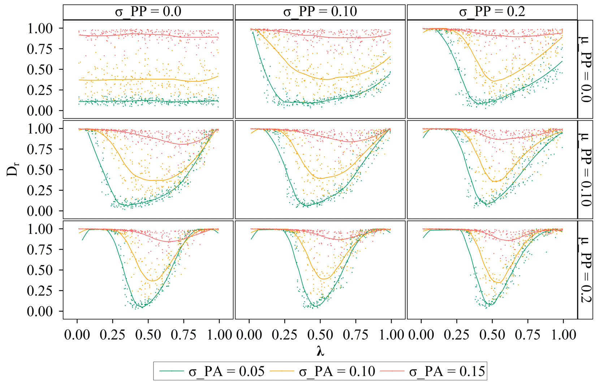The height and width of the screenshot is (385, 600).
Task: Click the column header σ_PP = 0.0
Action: coord(148,12)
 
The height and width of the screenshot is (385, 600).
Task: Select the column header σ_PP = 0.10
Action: coord(320,12)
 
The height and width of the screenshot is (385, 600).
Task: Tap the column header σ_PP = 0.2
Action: coord(492,12)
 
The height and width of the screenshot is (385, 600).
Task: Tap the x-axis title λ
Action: coord(320,351)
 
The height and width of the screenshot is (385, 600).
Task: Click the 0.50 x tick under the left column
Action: coord(148,335)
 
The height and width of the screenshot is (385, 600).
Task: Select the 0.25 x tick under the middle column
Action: coord(285,335)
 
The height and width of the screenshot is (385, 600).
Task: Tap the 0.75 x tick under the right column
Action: coord(528,335)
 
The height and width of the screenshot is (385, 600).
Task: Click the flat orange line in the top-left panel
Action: coord(144,79)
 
